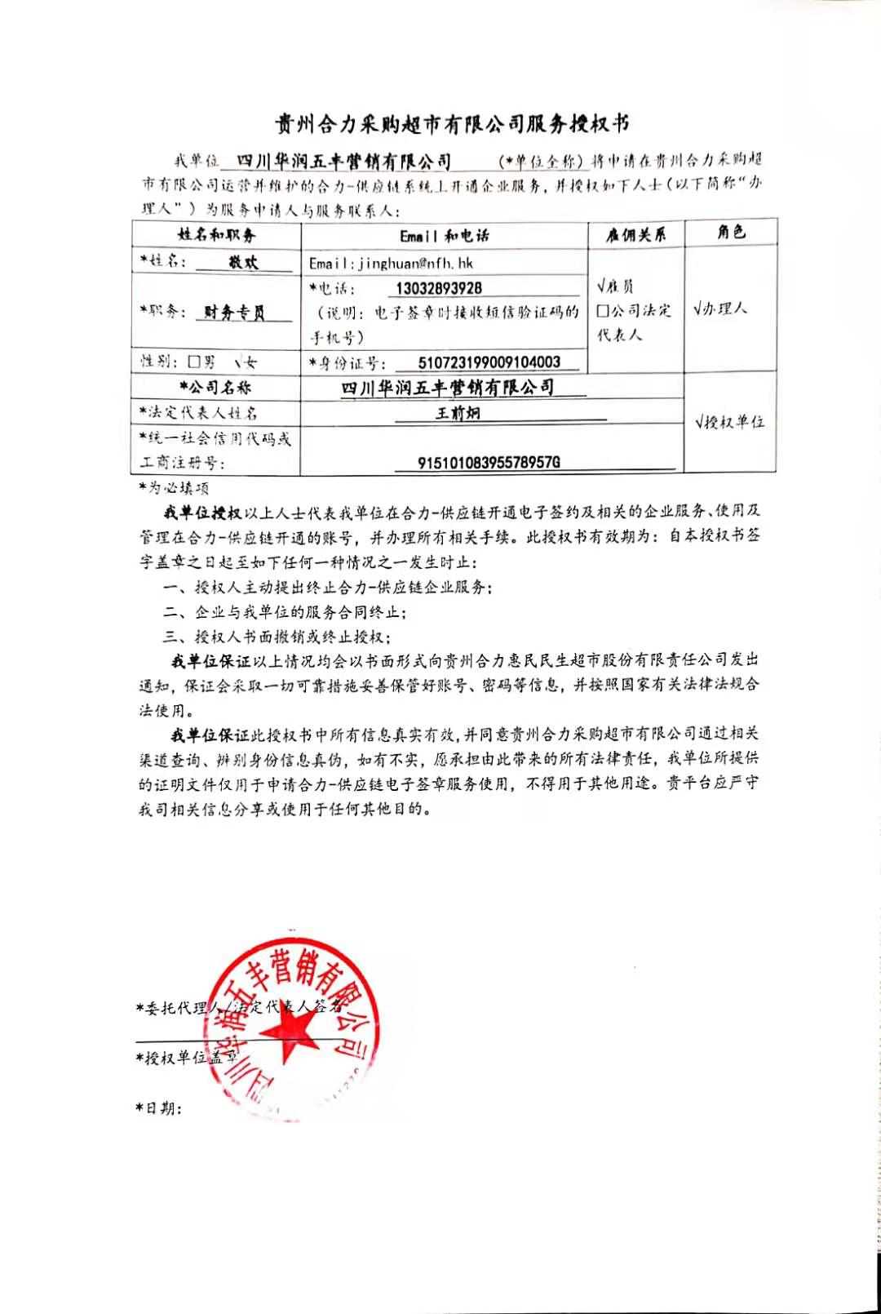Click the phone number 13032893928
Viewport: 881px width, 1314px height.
pos(438,288)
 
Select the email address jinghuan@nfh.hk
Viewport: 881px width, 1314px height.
pos(391,263)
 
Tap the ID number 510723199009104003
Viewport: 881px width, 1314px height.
pos(489,362)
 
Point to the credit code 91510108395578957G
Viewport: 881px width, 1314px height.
pos(489,462)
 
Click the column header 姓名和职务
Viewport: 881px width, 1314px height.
pos(216,235)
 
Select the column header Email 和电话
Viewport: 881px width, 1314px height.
pos(444,236)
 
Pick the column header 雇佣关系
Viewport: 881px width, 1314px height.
pos(635,235)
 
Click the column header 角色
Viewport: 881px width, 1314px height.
pos(731,233)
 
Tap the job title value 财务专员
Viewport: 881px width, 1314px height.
pos(234,313)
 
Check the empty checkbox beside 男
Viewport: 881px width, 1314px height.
pos(194,362)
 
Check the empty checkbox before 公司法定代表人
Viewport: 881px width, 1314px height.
pos(603,311)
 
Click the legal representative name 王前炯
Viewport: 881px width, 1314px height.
pos(458,413)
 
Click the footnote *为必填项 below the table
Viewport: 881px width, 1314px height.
pos(174,488)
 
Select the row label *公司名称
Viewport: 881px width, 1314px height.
pos(215,388)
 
